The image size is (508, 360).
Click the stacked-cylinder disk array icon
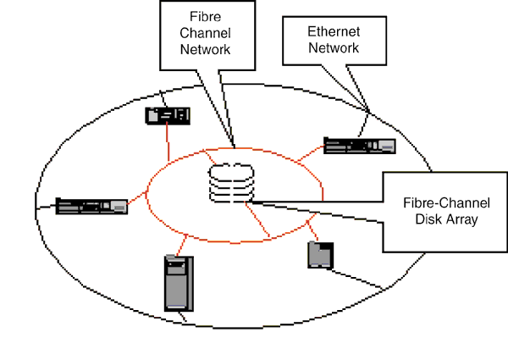(232, 182)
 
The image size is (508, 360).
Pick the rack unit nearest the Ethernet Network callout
(360, 146)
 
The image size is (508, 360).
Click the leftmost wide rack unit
(91, 206)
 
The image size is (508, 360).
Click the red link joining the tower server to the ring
(176, 246)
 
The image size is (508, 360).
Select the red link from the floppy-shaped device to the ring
(310, 231)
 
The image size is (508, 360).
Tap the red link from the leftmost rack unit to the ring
(138, 200)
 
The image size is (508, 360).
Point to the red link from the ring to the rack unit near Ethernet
(310, 153)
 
